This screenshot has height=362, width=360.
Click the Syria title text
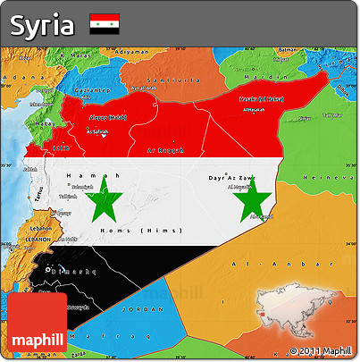[x=42, y=25]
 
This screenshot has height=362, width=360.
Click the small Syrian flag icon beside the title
[x=105, y=25]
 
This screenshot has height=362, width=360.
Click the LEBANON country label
[x=38, y=241]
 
